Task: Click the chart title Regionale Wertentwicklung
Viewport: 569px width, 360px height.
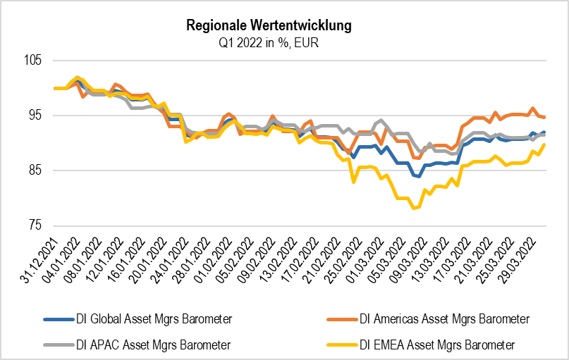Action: pos(269,26)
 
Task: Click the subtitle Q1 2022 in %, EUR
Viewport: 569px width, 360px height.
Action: pos(269,42)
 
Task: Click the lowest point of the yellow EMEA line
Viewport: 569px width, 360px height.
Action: pos(415,209)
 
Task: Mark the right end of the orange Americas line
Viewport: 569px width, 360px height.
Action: pos(544,117)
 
